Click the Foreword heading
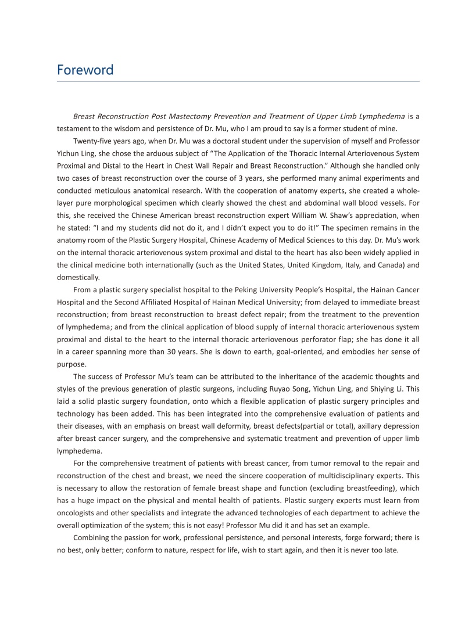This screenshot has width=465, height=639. click(85, 70)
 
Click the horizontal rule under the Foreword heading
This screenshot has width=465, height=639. click(238, 82)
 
